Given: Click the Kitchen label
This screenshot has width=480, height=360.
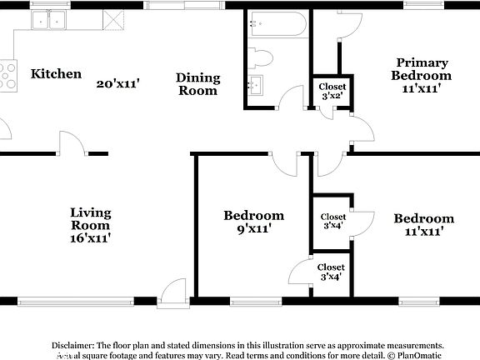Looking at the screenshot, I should click(x=56, y=74).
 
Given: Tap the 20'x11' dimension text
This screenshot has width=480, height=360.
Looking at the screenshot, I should click(x=117, y=83).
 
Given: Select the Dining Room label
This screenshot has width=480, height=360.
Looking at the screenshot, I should click(x=197, y=84).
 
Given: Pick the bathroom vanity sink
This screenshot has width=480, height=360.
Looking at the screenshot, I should click(x=256, y=84).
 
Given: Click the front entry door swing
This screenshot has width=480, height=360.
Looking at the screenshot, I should click(x=172, y=292).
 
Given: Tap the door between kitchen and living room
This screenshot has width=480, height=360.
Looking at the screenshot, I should click(x=73, y=143).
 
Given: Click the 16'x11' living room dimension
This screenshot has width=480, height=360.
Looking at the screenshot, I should click(x=90, y=238).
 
